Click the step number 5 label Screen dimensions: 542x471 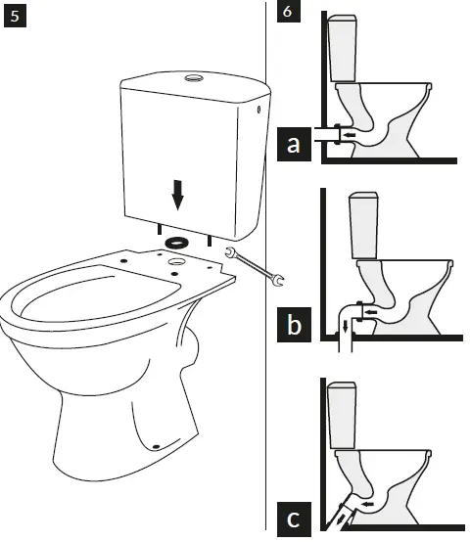point(15,17)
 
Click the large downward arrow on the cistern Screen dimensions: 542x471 point(177,197)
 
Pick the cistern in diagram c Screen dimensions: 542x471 point(344,415)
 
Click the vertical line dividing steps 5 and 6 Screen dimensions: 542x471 point(266,294)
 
